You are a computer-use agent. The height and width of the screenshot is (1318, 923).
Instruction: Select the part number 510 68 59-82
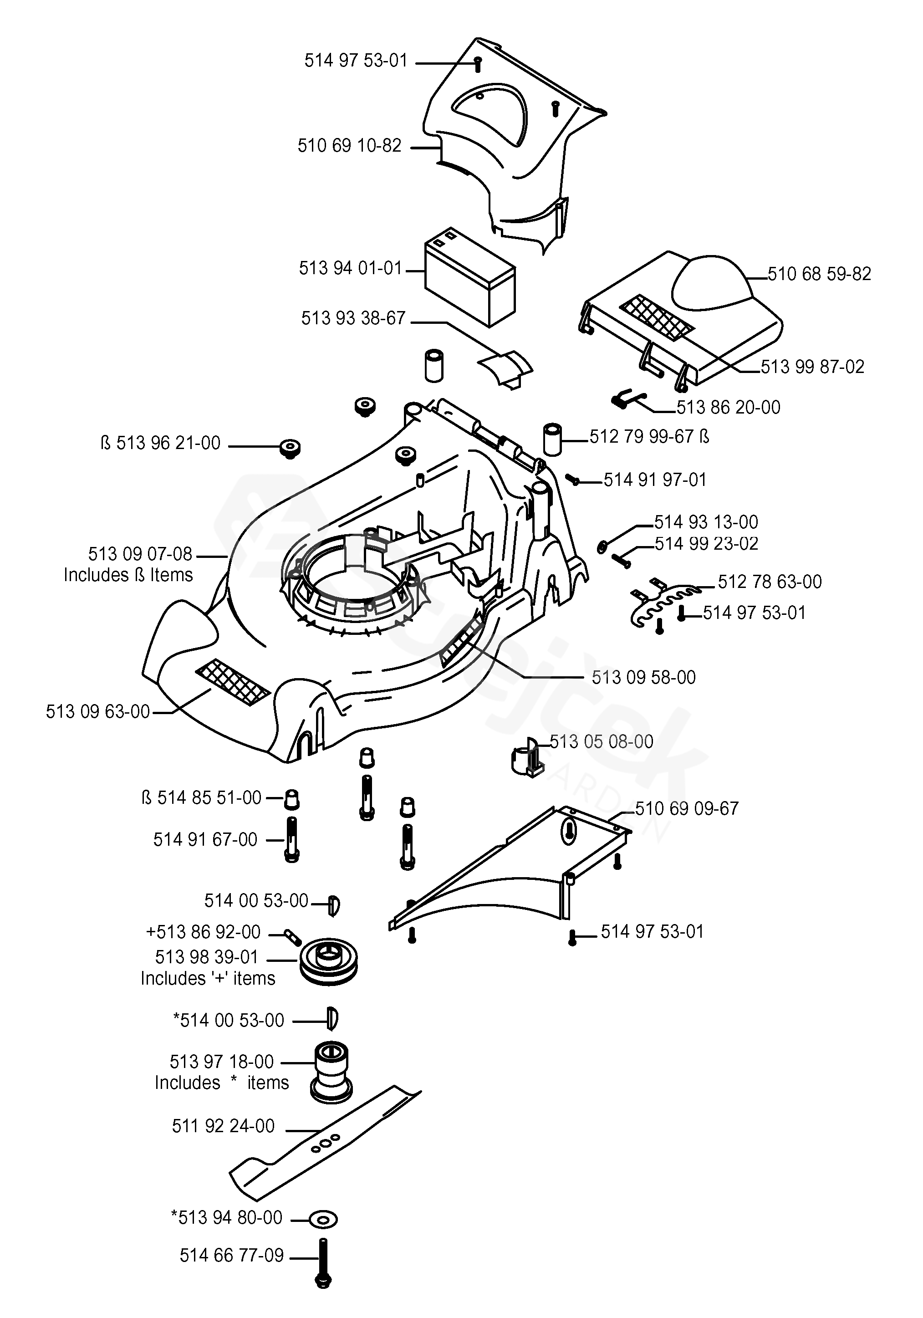point(819,274)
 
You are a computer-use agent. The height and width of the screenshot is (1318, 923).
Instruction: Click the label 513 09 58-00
point(643,677)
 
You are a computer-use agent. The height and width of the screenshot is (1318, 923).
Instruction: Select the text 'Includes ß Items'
point(128,575)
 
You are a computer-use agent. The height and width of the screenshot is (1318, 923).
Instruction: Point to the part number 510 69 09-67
point(687,808)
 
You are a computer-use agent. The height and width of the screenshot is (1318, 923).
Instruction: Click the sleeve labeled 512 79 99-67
point(553,440)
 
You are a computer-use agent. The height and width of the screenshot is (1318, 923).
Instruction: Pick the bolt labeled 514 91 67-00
point(291,840)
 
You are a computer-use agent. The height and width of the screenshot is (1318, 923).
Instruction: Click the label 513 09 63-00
point(97,712)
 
